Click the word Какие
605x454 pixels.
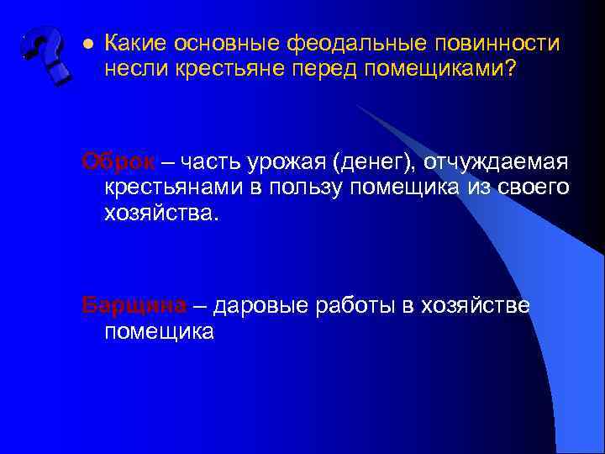[137, 43]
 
